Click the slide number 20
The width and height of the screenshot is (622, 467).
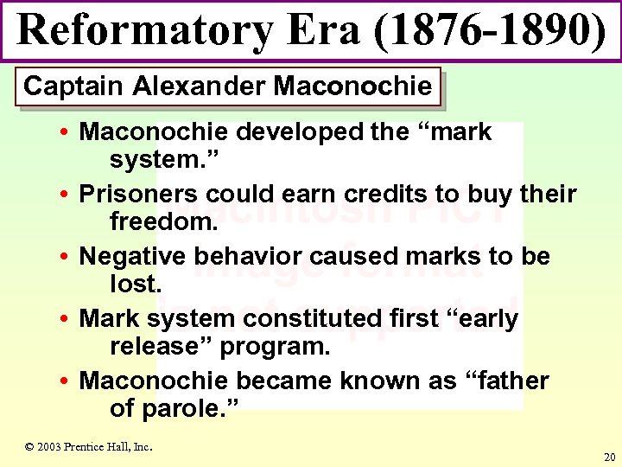(610, 457)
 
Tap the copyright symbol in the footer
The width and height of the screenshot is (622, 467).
(29, 447)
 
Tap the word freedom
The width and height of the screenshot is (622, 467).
(162, 221)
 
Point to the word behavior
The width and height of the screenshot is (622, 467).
(244, 257)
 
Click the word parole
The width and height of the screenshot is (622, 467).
(189, 408)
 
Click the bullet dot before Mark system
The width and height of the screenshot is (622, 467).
(66, 320)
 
